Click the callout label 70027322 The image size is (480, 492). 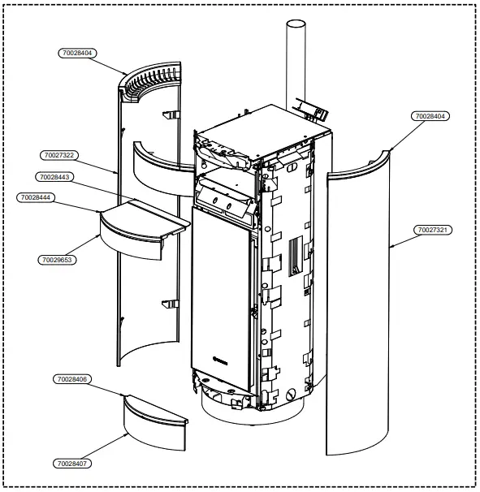point(58,154)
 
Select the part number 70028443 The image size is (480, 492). point(54,177)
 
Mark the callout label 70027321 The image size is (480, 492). point(434,230)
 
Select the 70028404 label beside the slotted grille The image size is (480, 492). point(78,54)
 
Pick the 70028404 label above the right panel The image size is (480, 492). point(431,116)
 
